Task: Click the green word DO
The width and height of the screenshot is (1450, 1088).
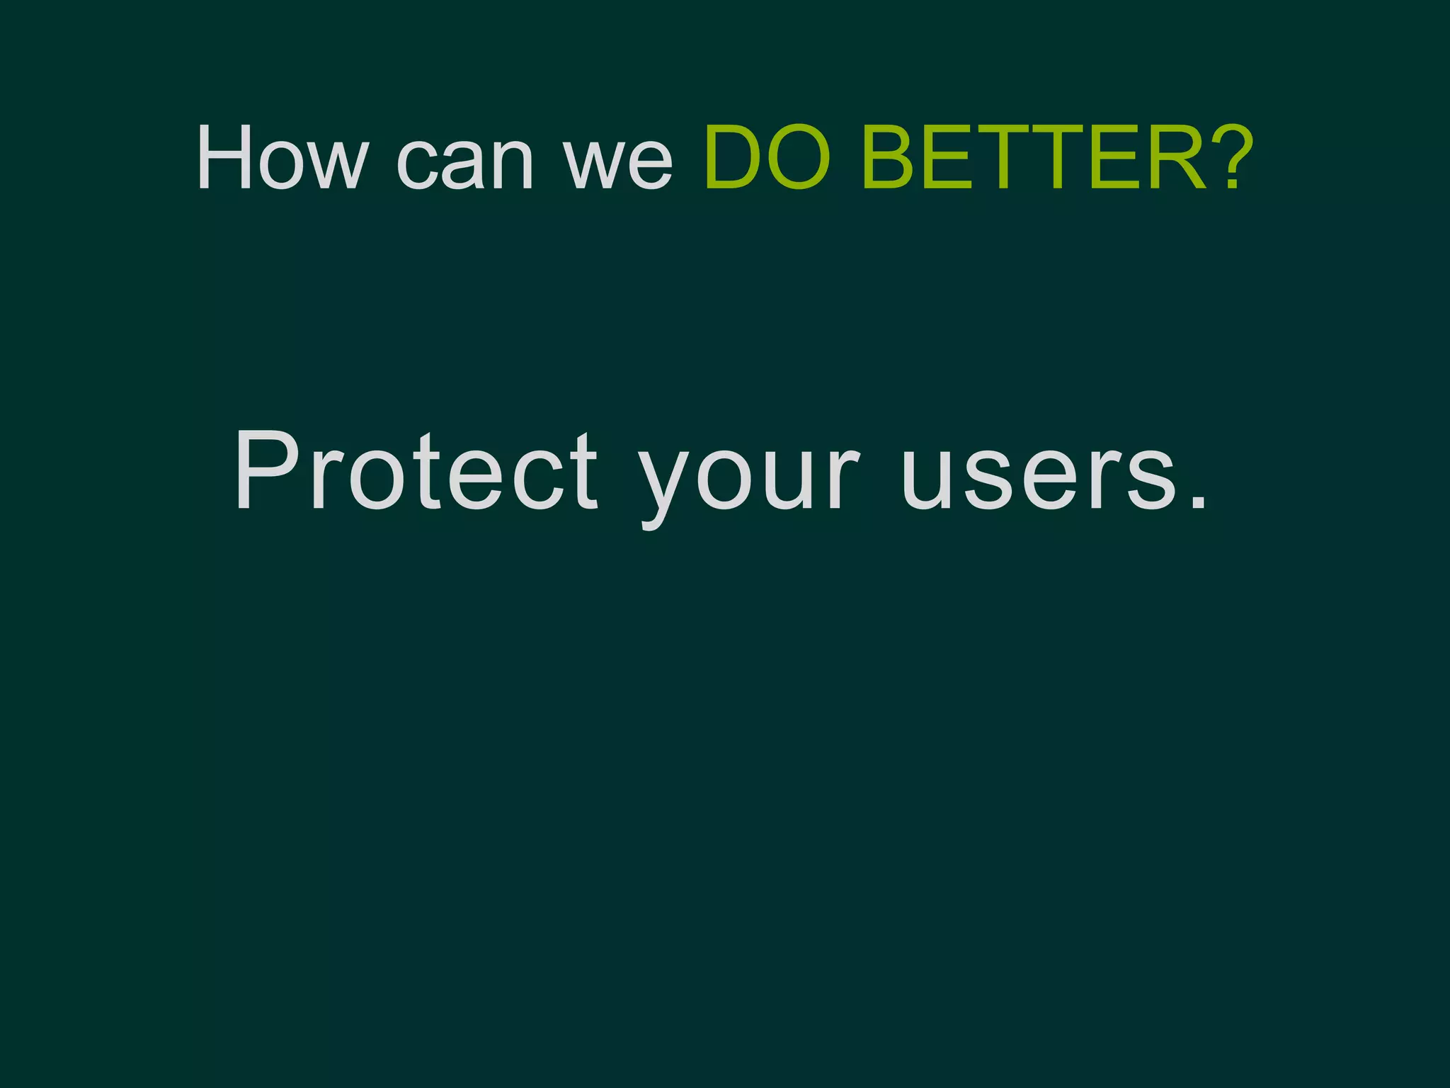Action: (x=767, y=158)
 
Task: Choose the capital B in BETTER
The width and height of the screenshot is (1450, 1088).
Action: (x=891, y=158)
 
